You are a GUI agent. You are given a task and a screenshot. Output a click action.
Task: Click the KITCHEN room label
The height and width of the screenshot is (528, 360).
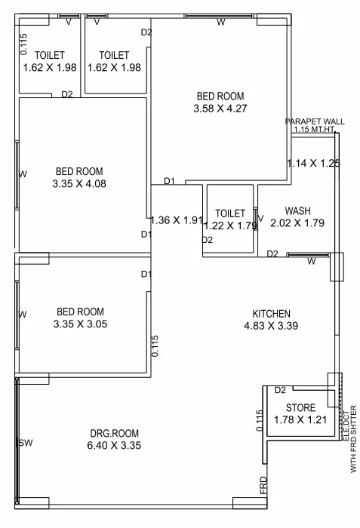pos(272,314)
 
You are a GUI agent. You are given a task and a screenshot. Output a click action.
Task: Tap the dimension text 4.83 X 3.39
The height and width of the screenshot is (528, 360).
pos(272,327)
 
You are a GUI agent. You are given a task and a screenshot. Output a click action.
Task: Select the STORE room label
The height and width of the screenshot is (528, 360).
pos(300,408)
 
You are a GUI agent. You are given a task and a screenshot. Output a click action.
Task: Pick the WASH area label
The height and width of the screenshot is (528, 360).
pos(298,210)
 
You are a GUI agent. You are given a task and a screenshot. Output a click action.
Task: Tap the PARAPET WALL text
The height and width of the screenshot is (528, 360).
pos(315,121)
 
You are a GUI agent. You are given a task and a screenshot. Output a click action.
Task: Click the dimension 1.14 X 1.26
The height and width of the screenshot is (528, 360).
pos(313,163)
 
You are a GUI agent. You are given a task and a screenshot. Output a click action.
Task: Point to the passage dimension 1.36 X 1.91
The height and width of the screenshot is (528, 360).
pos(177,221)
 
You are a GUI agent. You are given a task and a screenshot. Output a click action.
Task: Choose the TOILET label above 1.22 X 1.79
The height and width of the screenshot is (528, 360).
pos(230,213)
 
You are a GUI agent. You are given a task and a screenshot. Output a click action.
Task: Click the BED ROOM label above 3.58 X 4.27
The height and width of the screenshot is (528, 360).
pos(220,96)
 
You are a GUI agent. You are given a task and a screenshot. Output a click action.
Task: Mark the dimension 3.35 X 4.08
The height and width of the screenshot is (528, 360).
pos(78,183)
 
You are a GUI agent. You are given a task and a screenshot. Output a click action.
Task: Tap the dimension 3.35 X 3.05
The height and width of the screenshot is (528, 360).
pos(78,324)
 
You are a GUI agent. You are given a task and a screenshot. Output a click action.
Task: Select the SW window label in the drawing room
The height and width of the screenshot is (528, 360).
pos(25,443)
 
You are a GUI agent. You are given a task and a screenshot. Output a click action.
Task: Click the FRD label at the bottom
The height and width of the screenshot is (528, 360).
pos(263,484)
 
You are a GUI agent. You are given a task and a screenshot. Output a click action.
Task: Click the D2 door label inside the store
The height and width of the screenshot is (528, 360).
pos(280,391)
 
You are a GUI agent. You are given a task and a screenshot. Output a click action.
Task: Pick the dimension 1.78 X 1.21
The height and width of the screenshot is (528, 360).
pos(300,420)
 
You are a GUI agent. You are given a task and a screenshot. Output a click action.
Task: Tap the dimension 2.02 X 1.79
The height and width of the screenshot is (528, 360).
pos(298,223)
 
